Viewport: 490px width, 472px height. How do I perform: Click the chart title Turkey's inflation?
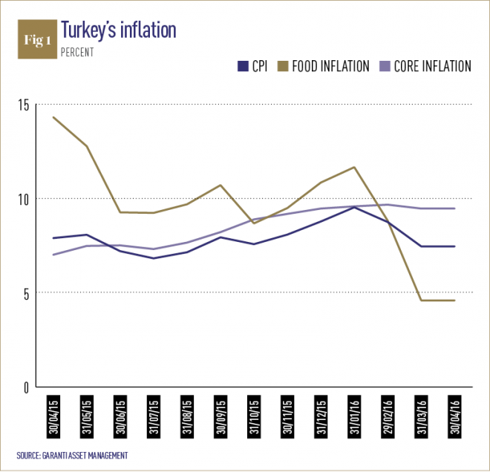(x=118, y=30)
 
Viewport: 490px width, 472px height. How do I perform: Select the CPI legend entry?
(x=253, y=67)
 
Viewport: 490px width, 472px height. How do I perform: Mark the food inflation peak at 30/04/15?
(x=53, y=117)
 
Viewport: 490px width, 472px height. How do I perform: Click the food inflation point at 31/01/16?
(x=354, y=167)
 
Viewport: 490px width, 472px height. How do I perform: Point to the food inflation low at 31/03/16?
(x=421, y=301)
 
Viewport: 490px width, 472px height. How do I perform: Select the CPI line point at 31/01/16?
(x=354, y=207)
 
